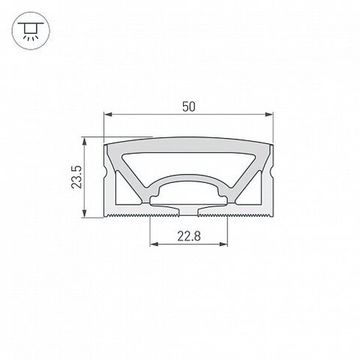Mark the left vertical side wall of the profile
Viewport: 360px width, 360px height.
click(x=112, y=180)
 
